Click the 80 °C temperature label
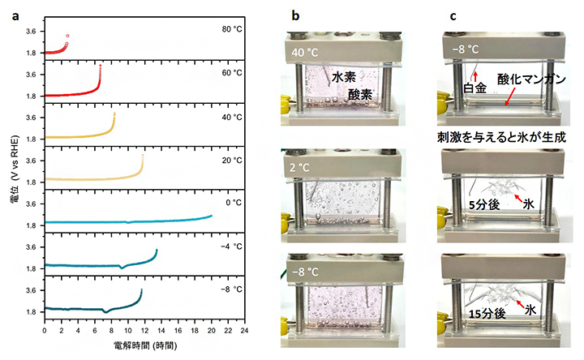point(232,29)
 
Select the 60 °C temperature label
point(232,73)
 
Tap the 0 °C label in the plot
point(234,203)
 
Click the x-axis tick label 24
point(244,330)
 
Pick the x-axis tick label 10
point(128,330)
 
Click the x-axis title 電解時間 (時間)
point(145,346)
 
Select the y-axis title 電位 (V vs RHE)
point(15,169)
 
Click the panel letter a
point(15,17)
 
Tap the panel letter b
point(295,16)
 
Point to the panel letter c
point(453,17)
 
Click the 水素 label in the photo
point(344,77)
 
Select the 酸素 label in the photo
point(360,94)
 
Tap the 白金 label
point(474,88)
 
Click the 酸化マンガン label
point(531,79)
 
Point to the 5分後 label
point(483,204)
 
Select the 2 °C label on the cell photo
point(300,168)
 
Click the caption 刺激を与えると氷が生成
point(501,138)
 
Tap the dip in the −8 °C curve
point(105,312)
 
